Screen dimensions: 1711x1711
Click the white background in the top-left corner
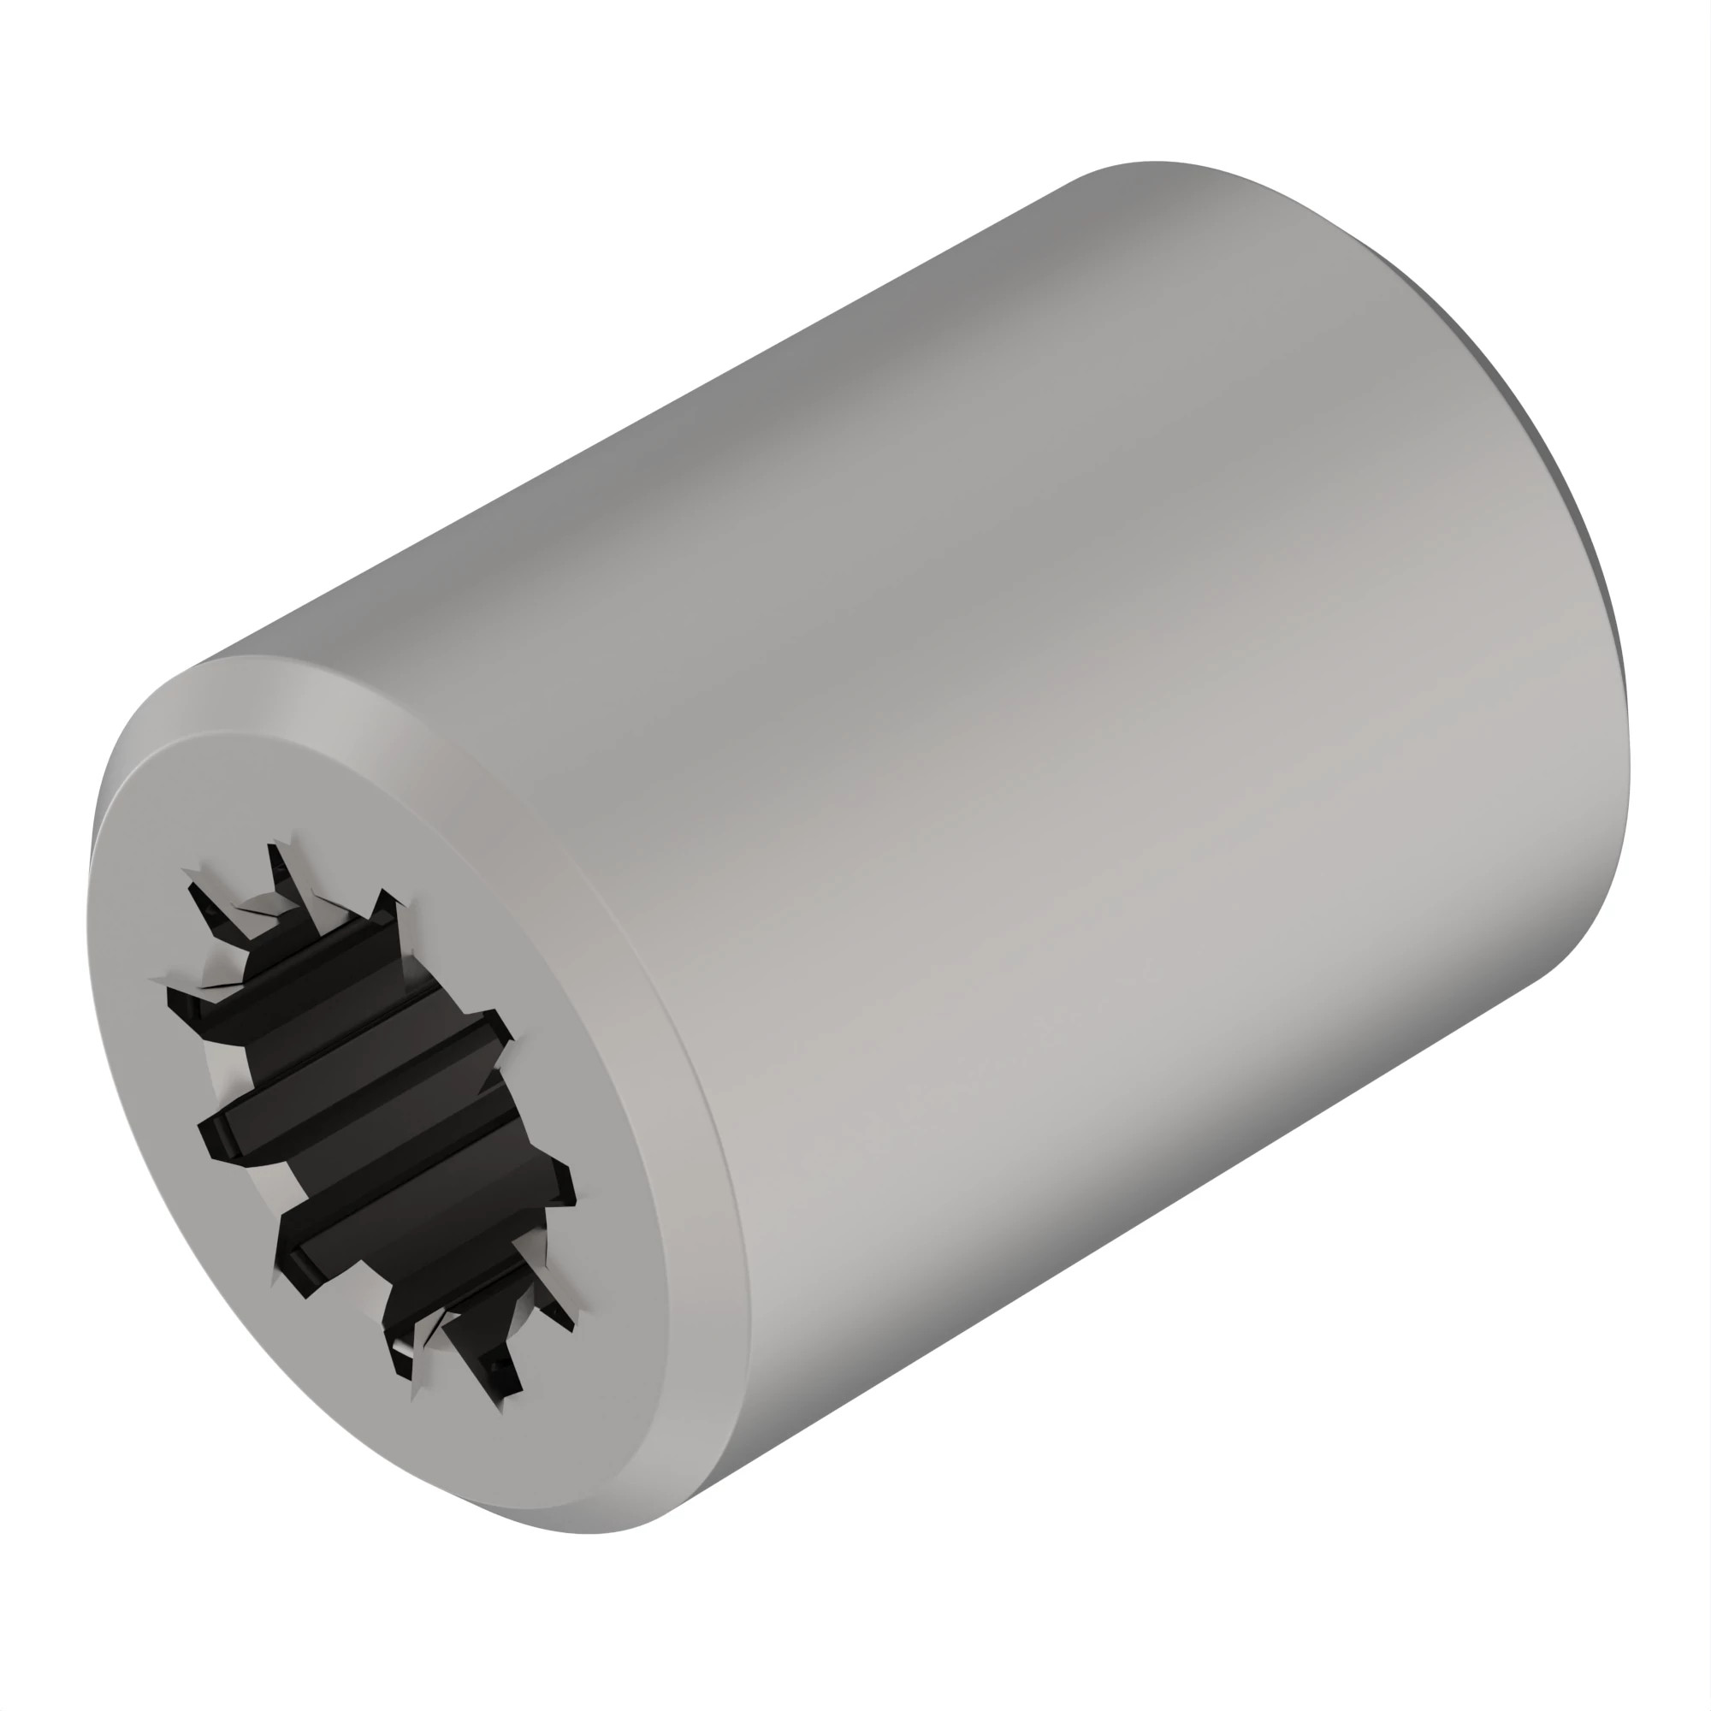(x=89, y=89)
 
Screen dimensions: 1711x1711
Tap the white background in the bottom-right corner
(x=1620, y=1620)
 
